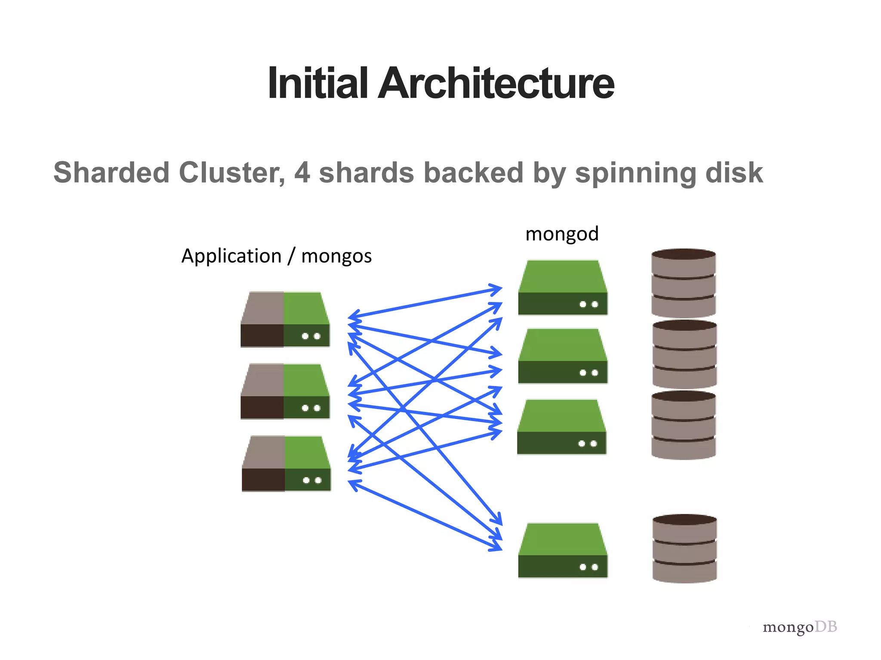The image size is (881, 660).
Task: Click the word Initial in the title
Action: [x=317, y=83]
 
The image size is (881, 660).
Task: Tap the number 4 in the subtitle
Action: [x=302, y=173]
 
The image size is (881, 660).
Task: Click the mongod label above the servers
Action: [x=562, y=234]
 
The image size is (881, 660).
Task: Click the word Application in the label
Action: [x=231, y=257]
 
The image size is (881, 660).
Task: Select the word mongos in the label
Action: [x=336, y=257]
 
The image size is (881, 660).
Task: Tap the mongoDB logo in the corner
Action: [x=800, y=627]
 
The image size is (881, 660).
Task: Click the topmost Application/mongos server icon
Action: [x=285, y=319]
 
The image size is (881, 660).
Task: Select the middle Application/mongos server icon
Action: [x=285, y=391]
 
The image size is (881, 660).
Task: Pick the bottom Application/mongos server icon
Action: [x=286, y=463]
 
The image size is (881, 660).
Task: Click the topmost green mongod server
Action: [x=563, y=287]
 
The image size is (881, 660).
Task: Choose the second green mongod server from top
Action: [x=563, y=356]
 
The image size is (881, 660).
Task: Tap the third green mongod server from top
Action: [x=562, y=427]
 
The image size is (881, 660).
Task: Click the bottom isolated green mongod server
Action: [x=563, y=550]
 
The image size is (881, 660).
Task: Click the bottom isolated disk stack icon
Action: [x=684, y=548]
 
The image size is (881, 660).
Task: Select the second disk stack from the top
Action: [x=684, y=354]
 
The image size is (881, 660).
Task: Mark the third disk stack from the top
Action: [x=684, y=425]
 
